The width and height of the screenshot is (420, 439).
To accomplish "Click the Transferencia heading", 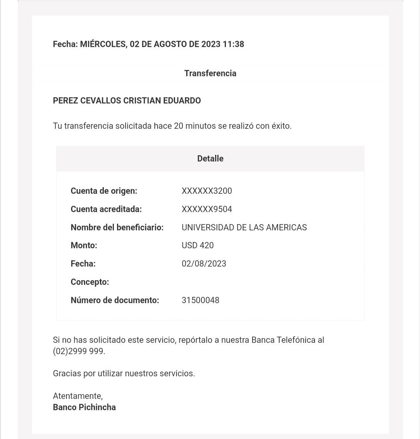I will click(210, 73).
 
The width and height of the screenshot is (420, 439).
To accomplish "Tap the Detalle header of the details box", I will click(210, 158).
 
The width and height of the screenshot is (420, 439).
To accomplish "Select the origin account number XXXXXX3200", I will click(206, 191).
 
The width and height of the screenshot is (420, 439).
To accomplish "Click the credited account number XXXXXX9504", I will click(206, 209).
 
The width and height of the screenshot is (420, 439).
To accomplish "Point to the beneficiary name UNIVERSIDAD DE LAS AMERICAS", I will click(244, 227).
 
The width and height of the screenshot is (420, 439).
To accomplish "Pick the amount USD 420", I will click(198, 246).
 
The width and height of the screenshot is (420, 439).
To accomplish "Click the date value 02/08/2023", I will click(204, 264).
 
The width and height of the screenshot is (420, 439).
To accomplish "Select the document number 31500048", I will click(200, 300).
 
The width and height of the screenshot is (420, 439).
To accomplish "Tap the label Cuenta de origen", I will click(104, 191).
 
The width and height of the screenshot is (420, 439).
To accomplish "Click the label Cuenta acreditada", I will click(106, 209).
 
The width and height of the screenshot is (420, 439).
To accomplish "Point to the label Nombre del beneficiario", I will click(117, 227).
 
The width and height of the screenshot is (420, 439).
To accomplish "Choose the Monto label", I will click(84, 246).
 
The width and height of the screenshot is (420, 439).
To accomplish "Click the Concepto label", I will click(90, 282).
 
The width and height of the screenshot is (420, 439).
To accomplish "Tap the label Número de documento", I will click(115, 300).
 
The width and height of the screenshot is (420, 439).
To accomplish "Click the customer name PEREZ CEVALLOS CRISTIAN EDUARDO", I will click(127, 100).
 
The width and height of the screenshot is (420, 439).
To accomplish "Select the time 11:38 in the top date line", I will click(233, 44).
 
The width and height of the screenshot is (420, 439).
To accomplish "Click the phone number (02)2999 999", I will click(79, 351).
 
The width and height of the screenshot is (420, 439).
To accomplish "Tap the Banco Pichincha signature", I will click(84, 407).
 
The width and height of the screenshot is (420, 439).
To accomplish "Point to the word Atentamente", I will click(78, 396).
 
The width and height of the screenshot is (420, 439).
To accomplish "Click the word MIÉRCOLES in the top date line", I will click(103, 44).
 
